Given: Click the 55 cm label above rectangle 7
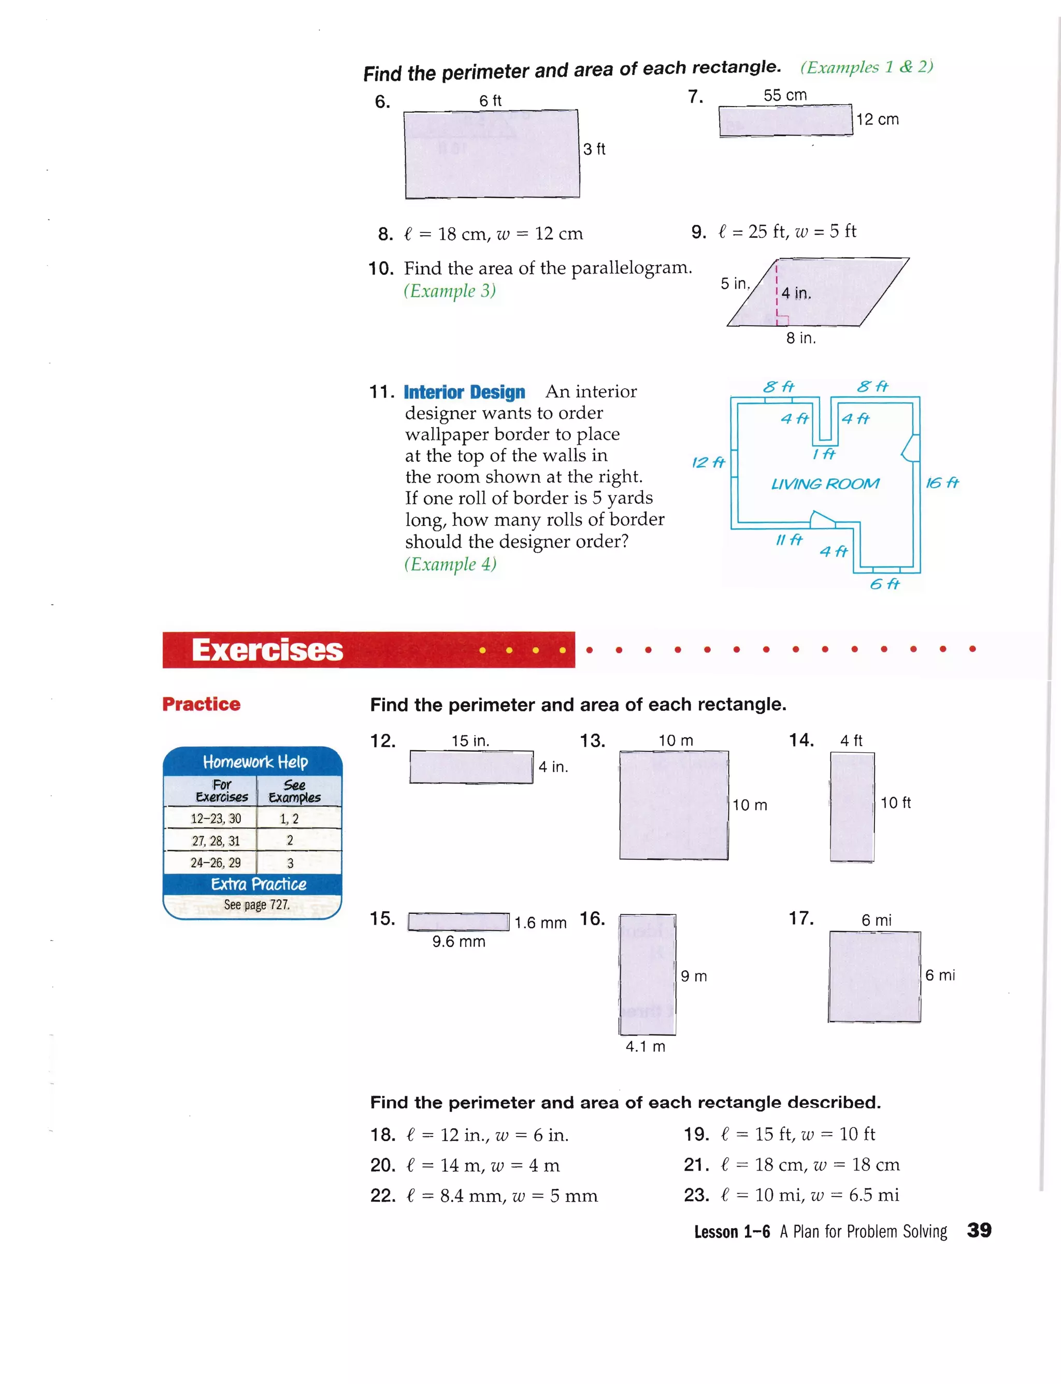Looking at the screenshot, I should click(784, 95).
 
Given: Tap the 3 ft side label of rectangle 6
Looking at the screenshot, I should click(594, 149).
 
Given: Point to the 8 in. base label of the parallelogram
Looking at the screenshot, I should click(800, 338).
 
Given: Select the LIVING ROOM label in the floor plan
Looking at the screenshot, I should click(824, 484).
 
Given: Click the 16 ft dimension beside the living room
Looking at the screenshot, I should click(942, 483).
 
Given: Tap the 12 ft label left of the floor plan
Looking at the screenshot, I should click(708, 462).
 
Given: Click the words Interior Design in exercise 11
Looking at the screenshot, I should click(464, 392).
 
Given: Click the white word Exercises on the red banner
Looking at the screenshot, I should click(267, 650).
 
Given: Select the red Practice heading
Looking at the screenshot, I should click(201, 704).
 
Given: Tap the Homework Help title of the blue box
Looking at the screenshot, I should click(255, 762).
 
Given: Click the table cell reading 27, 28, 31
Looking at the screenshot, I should click(216, 841).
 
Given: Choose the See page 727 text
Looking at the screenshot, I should click(256, 905).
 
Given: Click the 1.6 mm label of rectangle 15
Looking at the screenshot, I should click(540, 923).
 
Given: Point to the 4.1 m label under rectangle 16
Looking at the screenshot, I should click(645, 1046).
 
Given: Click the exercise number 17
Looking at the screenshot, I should click(801, 918).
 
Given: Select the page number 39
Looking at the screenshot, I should click(979, 1230).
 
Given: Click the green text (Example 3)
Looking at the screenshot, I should click(450, 291).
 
